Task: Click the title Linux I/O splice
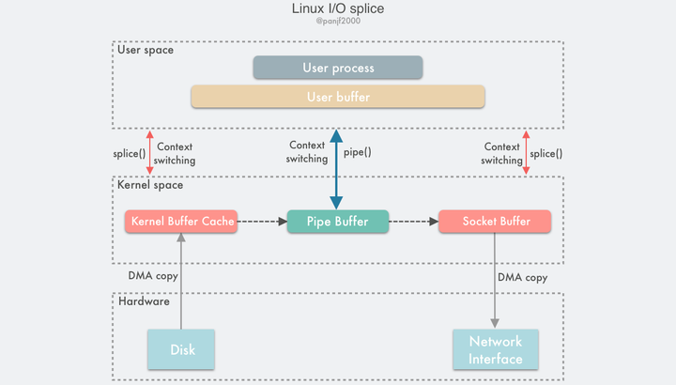338,9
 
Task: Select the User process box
338,68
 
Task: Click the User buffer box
338,97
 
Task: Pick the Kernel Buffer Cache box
180,222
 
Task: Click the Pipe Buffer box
337,222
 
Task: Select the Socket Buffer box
495,222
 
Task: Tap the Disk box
182,349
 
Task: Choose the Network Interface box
495,349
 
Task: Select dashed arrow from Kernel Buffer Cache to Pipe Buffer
261,222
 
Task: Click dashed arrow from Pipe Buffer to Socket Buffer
413,222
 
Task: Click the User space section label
146,50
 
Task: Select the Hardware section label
144,301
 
